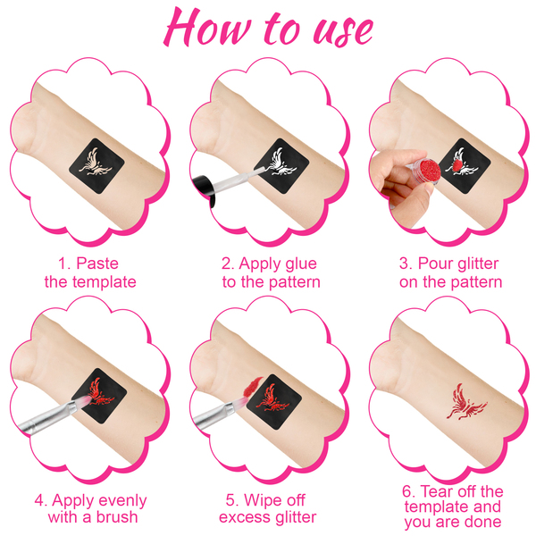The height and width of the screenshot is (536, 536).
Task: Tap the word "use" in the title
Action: [x=343, y=30]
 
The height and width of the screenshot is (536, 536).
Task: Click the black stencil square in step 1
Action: [x=96, y=166]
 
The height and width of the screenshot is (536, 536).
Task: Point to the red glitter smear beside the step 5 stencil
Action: [x=252, y=387]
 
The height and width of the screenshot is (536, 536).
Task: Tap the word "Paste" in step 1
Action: [x=97, y=264]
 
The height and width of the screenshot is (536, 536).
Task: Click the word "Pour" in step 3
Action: [x=431, y=264]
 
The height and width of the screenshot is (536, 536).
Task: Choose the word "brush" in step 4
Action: [x=117, y=517]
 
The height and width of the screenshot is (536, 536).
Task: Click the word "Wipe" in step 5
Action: [x=260, y=500]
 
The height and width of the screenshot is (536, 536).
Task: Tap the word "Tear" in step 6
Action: [x=437, y=491]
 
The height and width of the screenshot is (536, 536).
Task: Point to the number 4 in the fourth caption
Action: [x=39, y=501]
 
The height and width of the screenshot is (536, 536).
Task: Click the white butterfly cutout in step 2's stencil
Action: [x=282, y=162]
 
